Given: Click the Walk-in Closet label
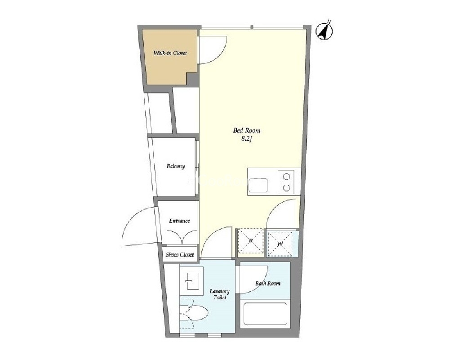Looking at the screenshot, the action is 170,53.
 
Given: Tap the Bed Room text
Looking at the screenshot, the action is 247,131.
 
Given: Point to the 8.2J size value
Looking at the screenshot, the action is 247,139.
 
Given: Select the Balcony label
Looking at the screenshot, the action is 176,166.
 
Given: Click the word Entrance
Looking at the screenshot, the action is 179,221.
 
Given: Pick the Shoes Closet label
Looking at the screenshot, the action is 180,254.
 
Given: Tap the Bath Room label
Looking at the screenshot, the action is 268,284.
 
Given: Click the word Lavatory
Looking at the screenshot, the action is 220,292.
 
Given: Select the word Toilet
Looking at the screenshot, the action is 220,298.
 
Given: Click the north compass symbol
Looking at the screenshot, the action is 325,31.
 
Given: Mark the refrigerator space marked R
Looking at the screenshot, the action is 251,241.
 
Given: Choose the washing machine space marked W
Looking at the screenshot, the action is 280,244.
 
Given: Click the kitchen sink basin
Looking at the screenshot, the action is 258,185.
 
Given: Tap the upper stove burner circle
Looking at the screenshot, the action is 286,177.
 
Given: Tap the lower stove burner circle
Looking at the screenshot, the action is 286,188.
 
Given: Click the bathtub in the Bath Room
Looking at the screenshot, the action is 265,314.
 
